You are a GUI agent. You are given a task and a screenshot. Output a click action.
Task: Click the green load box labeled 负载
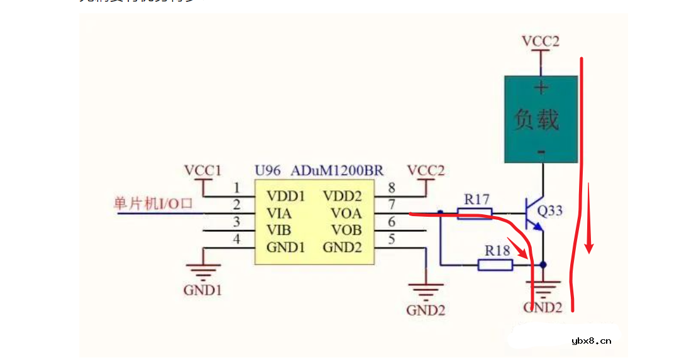pyautogui.click(x=541, y=119)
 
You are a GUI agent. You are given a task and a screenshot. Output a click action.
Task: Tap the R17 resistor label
pyautogui.click(x=477, y=200)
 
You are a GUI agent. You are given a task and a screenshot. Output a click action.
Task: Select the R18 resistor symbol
pyautogui.click(x=495, y=265)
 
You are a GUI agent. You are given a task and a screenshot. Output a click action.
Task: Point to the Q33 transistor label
pyautogui.click(x=551, y=210)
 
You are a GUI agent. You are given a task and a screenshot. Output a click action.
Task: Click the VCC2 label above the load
pyautogui.click(x=540, y=41)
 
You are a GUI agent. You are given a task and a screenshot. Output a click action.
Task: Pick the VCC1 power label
pyautogui.click(x=202, y=170)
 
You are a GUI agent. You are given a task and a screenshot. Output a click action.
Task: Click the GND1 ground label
pyautogui.click(x=202, y=290)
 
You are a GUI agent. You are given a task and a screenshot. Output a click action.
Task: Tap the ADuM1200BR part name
pyautogui.click(x=337, y=171)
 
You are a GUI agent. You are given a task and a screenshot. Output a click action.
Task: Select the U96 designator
pyautogui.click(x=268, y=171)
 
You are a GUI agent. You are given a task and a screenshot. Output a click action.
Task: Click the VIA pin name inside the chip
pyautogui.click(x=279, y=214)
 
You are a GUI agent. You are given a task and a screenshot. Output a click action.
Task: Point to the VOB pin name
pyautogui.click(x=346, y=230)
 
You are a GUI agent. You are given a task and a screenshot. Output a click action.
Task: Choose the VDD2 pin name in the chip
pyautogui.click(x=343, y=197)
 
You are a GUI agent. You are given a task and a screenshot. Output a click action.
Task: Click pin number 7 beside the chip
pyautogui.click(x=391, y=204)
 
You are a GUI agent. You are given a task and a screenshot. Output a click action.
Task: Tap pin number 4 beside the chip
pyautogui.click(x=236, y=239)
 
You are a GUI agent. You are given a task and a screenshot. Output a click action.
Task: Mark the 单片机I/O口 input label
pyautogui.click(x=152, y=204)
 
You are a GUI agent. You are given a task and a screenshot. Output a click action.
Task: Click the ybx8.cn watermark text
pyautogui.click(x=591, y=341)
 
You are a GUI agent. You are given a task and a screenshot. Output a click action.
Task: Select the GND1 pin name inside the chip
pyautogui.click(x=286, y=247)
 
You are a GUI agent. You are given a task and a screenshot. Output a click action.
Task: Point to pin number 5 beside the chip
pyautogui.click(x=391, y=239)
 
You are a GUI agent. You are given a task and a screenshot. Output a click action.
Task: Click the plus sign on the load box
pyautogui.click(x=541, y=87)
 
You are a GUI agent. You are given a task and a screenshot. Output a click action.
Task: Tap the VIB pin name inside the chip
pyautogui.click(x=279, y=230)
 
